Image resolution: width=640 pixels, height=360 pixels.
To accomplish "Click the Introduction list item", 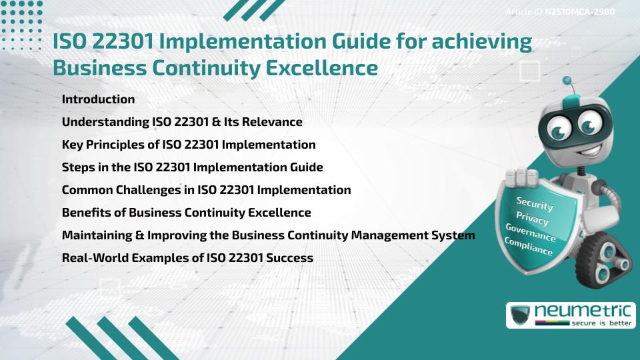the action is click(98, 99).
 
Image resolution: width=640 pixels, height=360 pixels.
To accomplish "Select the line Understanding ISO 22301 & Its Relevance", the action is click(182, 121).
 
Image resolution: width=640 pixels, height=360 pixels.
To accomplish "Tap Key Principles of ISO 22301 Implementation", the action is click(189, 145).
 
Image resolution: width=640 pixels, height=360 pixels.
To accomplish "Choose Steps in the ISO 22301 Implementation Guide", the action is click(192, 167).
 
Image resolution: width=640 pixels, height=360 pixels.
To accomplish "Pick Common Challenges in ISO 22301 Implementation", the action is click(206, 190).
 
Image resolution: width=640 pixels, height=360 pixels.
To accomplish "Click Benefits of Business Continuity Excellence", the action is click(186, 212).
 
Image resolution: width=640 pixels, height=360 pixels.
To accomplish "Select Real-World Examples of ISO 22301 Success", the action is click(187, 257).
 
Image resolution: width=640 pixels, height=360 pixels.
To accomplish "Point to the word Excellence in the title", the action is click(321, 68).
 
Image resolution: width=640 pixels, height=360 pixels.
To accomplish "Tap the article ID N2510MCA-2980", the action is click(579, 12).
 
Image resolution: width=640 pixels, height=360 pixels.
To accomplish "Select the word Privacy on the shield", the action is click(532, 219).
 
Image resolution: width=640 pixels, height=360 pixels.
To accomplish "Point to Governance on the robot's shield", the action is click(531, 233).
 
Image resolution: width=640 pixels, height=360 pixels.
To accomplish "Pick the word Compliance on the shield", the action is click(529, 247).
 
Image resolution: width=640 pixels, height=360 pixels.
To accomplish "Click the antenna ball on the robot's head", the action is click(567, 81).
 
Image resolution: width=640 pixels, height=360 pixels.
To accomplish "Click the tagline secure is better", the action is click(601, 323).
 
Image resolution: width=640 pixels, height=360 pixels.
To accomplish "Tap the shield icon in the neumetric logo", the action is click(521, 315).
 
